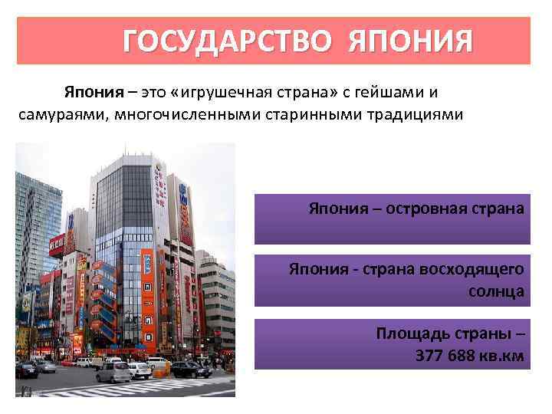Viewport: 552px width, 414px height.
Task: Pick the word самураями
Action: (x=54, y=114)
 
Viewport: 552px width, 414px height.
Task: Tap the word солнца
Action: (x=496, y=291)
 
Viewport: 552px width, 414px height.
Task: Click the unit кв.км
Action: (x=503, y=355)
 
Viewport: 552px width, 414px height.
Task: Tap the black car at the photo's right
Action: (x=190, y=369)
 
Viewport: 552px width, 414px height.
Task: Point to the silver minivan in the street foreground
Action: (x=113, y=372)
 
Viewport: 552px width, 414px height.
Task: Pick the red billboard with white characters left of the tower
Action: (x=57, y=245)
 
